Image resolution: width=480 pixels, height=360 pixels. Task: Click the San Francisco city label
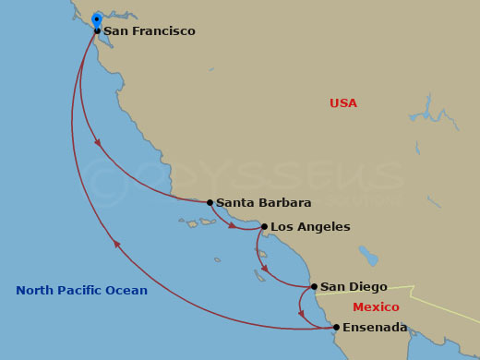tap(150, 31)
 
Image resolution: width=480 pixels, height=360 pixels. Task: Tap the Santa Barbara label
tap(263, 203)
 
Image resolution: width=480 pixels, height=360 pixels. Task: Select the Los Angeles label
tap(310, 227)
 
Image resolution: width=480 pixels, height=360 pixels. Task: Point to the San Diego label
tap(354, 287)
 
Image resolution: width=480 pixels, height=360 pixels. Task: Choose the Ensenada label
tap(375, 328)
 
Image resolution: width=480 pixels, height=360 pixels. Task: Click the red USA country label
tap(342, 103)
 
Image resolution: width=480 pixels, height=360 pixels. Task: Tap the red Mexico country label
tap(376, 307)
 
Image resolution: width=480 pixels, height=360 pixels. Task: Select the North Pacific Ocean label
tap(81, 291)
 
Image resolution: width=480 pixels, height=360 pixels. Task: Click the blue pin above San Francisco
tap(96, 19)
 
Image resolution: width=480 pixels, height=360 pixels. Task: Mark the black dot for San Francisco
tap(97, 30)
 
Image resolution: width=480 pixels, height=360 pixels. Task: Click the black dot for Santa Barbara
tap(210, 202)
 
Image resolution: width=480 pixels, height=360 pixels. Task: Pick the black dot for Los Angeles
tap(264, 226)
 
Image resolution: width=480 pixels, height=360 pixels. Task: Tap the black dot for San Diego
tap(314, 286)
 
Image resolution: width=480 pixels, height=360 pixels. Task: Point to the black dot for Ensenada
tap(336, 327)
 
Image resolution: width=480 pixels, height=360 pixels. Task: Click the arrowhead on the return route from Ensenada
tap(116, 244)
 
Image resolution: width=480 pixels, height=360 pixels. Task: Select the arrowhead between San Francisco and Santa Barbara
tap(98, 143)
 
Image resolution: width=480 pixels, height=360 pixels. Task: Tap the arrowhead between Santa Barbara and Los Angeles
tap(232, 224)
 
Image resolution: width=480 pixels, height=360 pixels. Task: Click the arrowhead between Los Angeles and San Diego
tap(264, 269)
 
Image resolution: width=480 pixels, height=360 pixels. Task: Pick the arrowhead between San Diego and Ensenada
tap(301, 314)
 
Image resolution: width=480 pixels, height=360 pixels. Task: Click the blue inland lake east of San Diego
tap(368, 256)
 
